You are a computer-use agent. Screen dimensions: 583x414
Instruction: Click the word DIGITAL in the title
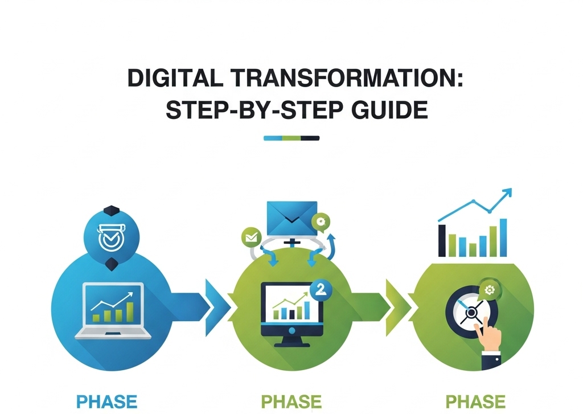click(x=175, y=78)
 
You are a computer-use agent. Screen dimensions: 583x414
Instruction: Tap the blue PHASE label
click(x=106, y=402)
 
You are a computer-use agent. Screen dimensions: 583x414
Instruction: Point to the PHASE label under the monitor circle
click(x=291, y=402)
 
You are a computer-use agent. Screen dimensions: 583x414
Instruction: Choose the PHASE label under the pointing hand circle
click(x=475, y=402)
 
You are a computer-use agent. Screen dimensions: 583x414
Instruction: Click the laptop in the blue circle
click(x=113, y=311)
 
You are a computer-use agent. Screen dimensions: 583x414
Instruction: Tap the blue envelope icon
click(x=292, y=218)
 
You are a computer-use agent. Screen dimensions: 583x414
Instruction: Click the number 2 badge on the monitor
click(x=321, y=290)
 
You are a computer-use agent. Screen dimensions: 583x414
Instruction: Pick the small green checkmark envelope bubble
click(x=252, y=237)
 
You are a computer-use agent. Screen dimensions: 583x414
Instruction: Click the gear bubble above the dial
click(x=489, y=289)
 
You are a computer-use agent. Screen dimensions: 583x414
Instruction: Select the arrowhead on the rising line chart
click(x=507, y=192)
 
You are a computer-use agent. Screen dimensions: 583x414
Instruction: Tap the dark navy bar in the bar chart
click(x=442, y=240)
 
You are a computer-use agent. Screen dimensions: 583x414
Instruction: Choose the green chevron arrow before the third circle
click(x=398, y=308)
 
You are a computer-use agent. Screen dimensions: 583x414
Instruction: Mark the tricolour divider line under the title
click(x=291, y=138)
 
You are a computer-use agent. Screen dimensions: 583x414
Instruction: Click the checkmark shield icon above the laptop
click(x=111, y=237)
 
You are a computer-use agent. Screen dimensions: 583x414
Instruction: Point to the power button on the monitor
click(x=292, y=330)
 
